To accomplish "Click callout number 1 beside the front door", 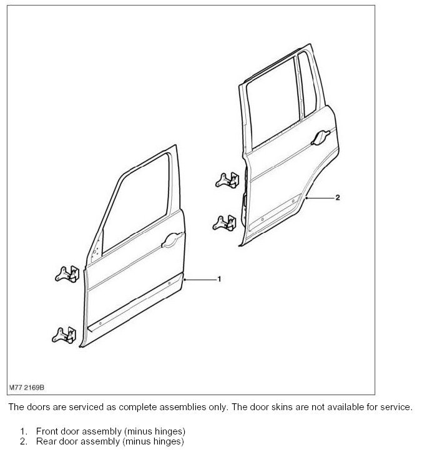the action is click(219, 279).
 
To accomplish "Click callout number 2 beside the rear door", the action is click(337, 198).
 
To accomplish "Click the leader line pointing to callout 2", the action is click(319, 198).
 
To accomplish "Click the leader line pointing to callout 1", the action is click(200, 279).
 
